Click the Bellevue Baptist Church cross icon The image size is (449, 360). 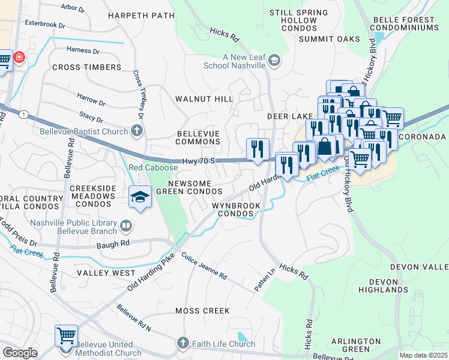click(x=137, y=131)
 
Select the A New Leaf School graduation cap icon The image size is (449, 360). click(x=274, y=60)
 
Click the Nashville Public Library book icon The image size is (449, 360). click(x=125, y=226)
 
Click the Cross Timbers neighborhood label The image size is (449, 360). click(x=86, y=67)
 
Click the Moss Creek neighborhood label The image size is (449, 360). click(x=202, y=311)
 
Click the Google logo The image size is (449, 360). click(x=19, y=353)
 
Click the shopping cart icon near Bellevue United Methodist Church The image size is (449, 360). click(x=65, y=335)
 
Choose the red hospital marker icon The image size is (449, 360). click(x=20, y=58)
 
